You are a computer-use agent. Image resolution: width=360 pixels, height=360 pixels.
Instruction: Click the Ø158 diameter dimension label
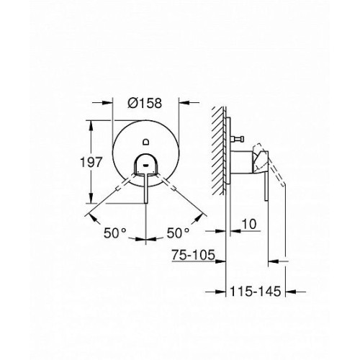[x=145, y=103]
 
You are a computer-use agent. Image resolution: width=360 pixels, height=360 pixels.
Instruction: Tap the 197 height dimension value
[x=91, y=162]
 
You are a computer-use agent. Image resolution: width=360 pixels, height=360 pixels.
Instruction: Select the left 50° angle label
[x=114, y=233]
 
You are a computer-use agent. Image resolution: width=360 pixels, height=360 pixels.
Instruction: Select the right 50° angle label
[x=178, y=233]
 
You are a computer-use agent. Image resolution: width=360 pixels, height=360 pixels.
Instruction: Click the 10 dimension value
[x=249, y=224]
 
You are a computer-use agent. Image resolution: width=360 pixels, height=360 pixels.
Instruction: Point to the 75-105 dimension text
[x=193, y=255]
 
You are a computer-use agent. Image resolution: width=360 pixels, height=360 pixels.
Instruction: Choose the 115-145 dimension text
[x=256, y=292]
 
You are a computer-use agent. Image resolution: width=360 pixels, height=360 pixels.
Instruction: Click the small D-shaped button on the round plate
[x=146, y=142]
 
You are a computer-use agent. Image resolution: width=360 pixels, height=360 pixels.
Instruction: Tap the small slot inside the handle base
[x=146, y=165]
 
